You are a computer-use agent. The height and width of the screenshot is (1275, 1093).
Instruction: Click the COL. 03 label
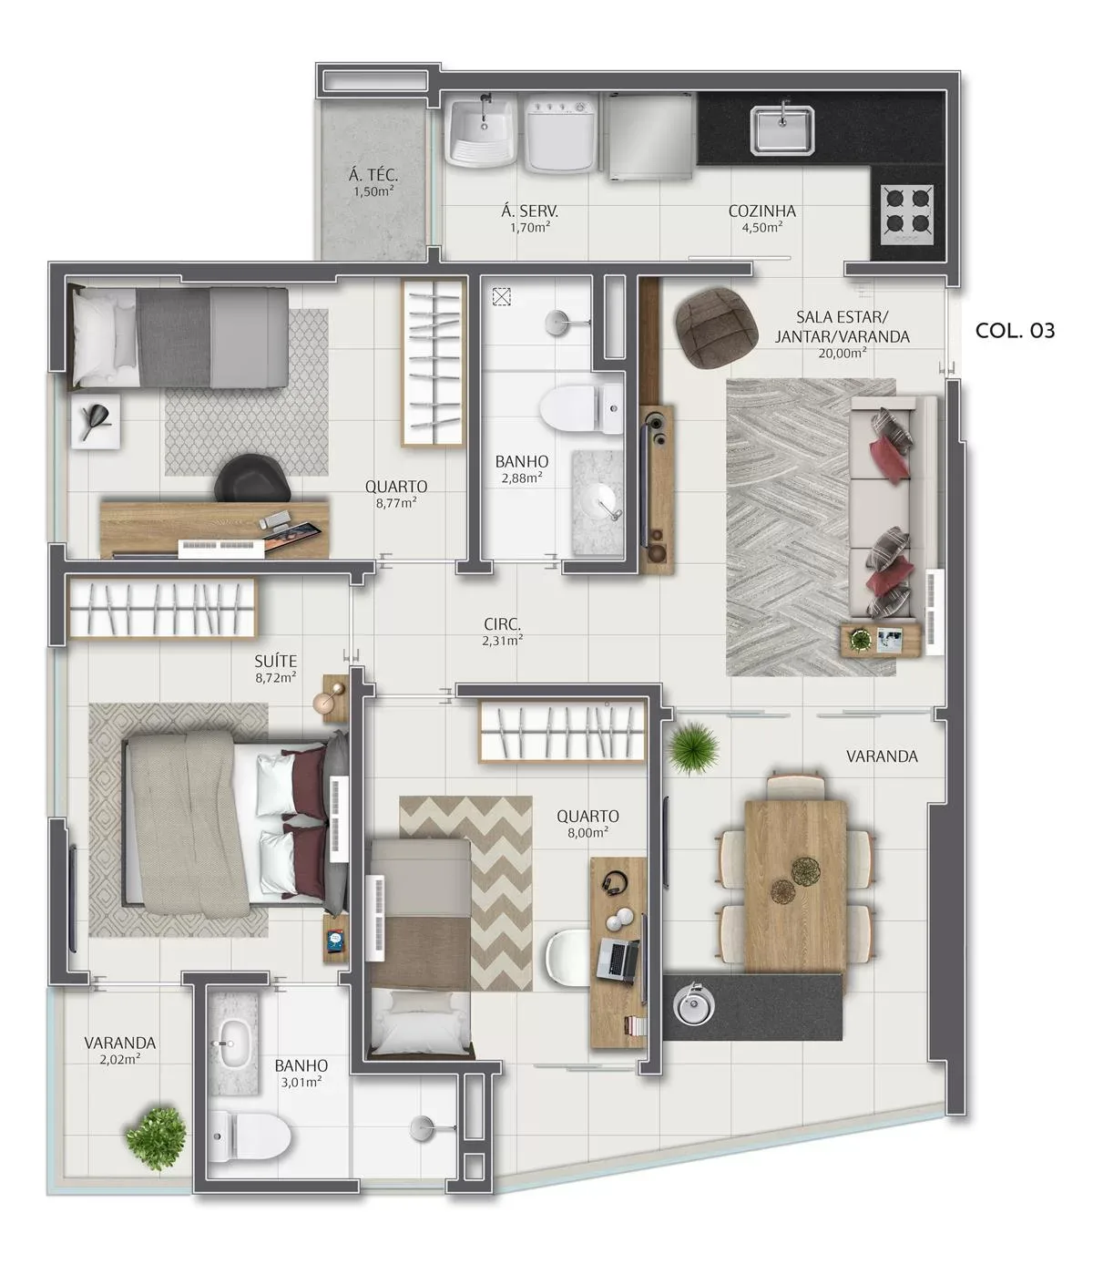click(1014, 331)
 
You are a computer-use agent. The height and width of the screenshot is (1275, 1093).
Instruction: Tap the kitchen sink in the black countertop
click(781, 129)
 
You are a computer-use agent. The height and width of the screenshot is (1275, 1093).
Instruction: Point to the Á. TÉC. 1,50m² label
click(373, 182)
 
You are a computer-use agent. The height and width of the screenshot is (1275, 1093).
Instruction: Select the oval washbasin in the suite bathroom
click(235, 1044)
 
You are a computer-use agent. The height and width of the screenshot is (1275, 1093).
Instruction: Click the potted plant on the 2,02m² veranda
click(156, 1139)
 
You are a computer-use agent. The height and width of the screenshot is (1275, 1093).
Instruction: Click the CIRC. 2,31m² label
click(502, 632)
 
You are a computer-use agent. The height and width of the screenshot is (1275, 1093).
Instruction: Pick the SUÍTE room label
click(276, 662)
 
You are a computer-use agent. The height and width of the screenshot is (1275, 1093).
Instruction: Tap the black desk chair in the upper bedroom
click(252, 477)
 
